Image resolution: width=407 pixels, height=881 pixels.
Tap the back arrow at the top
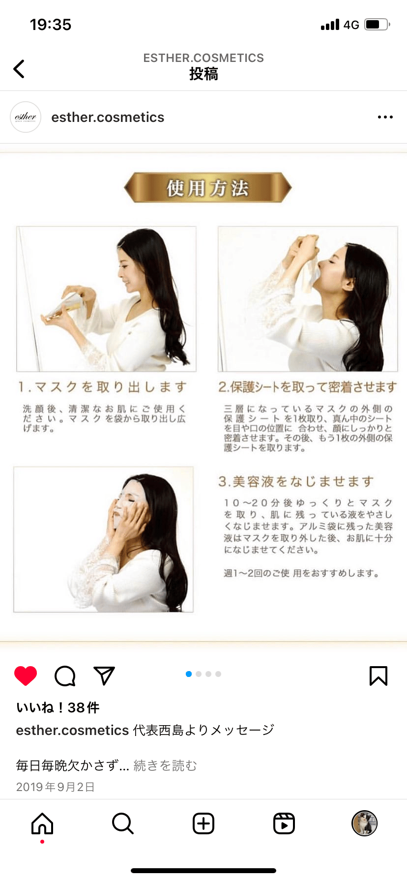click(x=19, y=69)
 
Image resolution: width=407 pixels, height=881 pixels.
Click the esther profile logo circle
click(x=26, y=117)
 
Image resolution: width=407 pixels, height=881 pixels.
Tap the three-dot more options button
click(x=385, y=117)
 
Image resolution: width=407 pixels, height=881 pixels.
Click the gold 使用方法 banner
click(x=207, y=187)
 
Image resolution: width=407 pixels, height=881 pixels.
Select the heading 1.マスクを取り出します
click(x=103, y=387)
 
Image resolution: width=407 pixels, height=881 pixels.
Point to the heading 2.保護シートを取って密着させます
click(x=308, y=387)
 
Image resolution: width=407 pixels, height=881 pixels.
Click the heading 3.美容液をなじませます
click(x=296, y=481)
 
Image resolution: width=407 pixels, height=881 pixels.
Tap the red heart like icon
click(x=26, y=676)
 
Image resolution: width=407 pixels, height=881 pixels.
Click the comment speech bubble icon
click(x=65, y=676)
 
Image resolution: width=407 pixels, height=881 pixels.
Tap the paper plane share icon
click(x=104, y=675)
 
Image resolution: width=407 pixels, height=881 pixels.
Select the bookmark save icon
click(x=378, y=676)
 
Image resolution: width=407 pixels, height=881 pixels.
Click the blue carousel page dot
click(x=189, y=674)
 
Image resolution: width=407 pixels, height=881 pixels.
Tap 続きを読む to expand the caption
click(x=165, y=765)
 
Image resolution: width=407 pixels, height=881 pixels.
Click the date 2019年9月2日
click(x=56, y=787)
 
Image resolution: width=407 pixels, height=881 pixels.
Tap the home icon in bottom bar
click(x=42, y=823)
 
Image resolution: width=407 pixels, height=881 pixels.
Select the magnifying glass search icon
click(x=123, y=823)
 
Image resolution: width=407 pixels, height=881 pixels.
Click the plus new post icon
click(x=203, y=823)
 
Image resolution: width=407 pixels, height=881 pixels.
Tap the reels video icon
click(x=284, y=823)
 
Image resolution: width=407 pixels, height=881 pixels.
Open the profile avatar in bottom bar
click(x=365, y=823)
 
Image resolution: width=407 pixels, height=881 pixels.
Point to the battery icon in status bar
click(x=377, y=25)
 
